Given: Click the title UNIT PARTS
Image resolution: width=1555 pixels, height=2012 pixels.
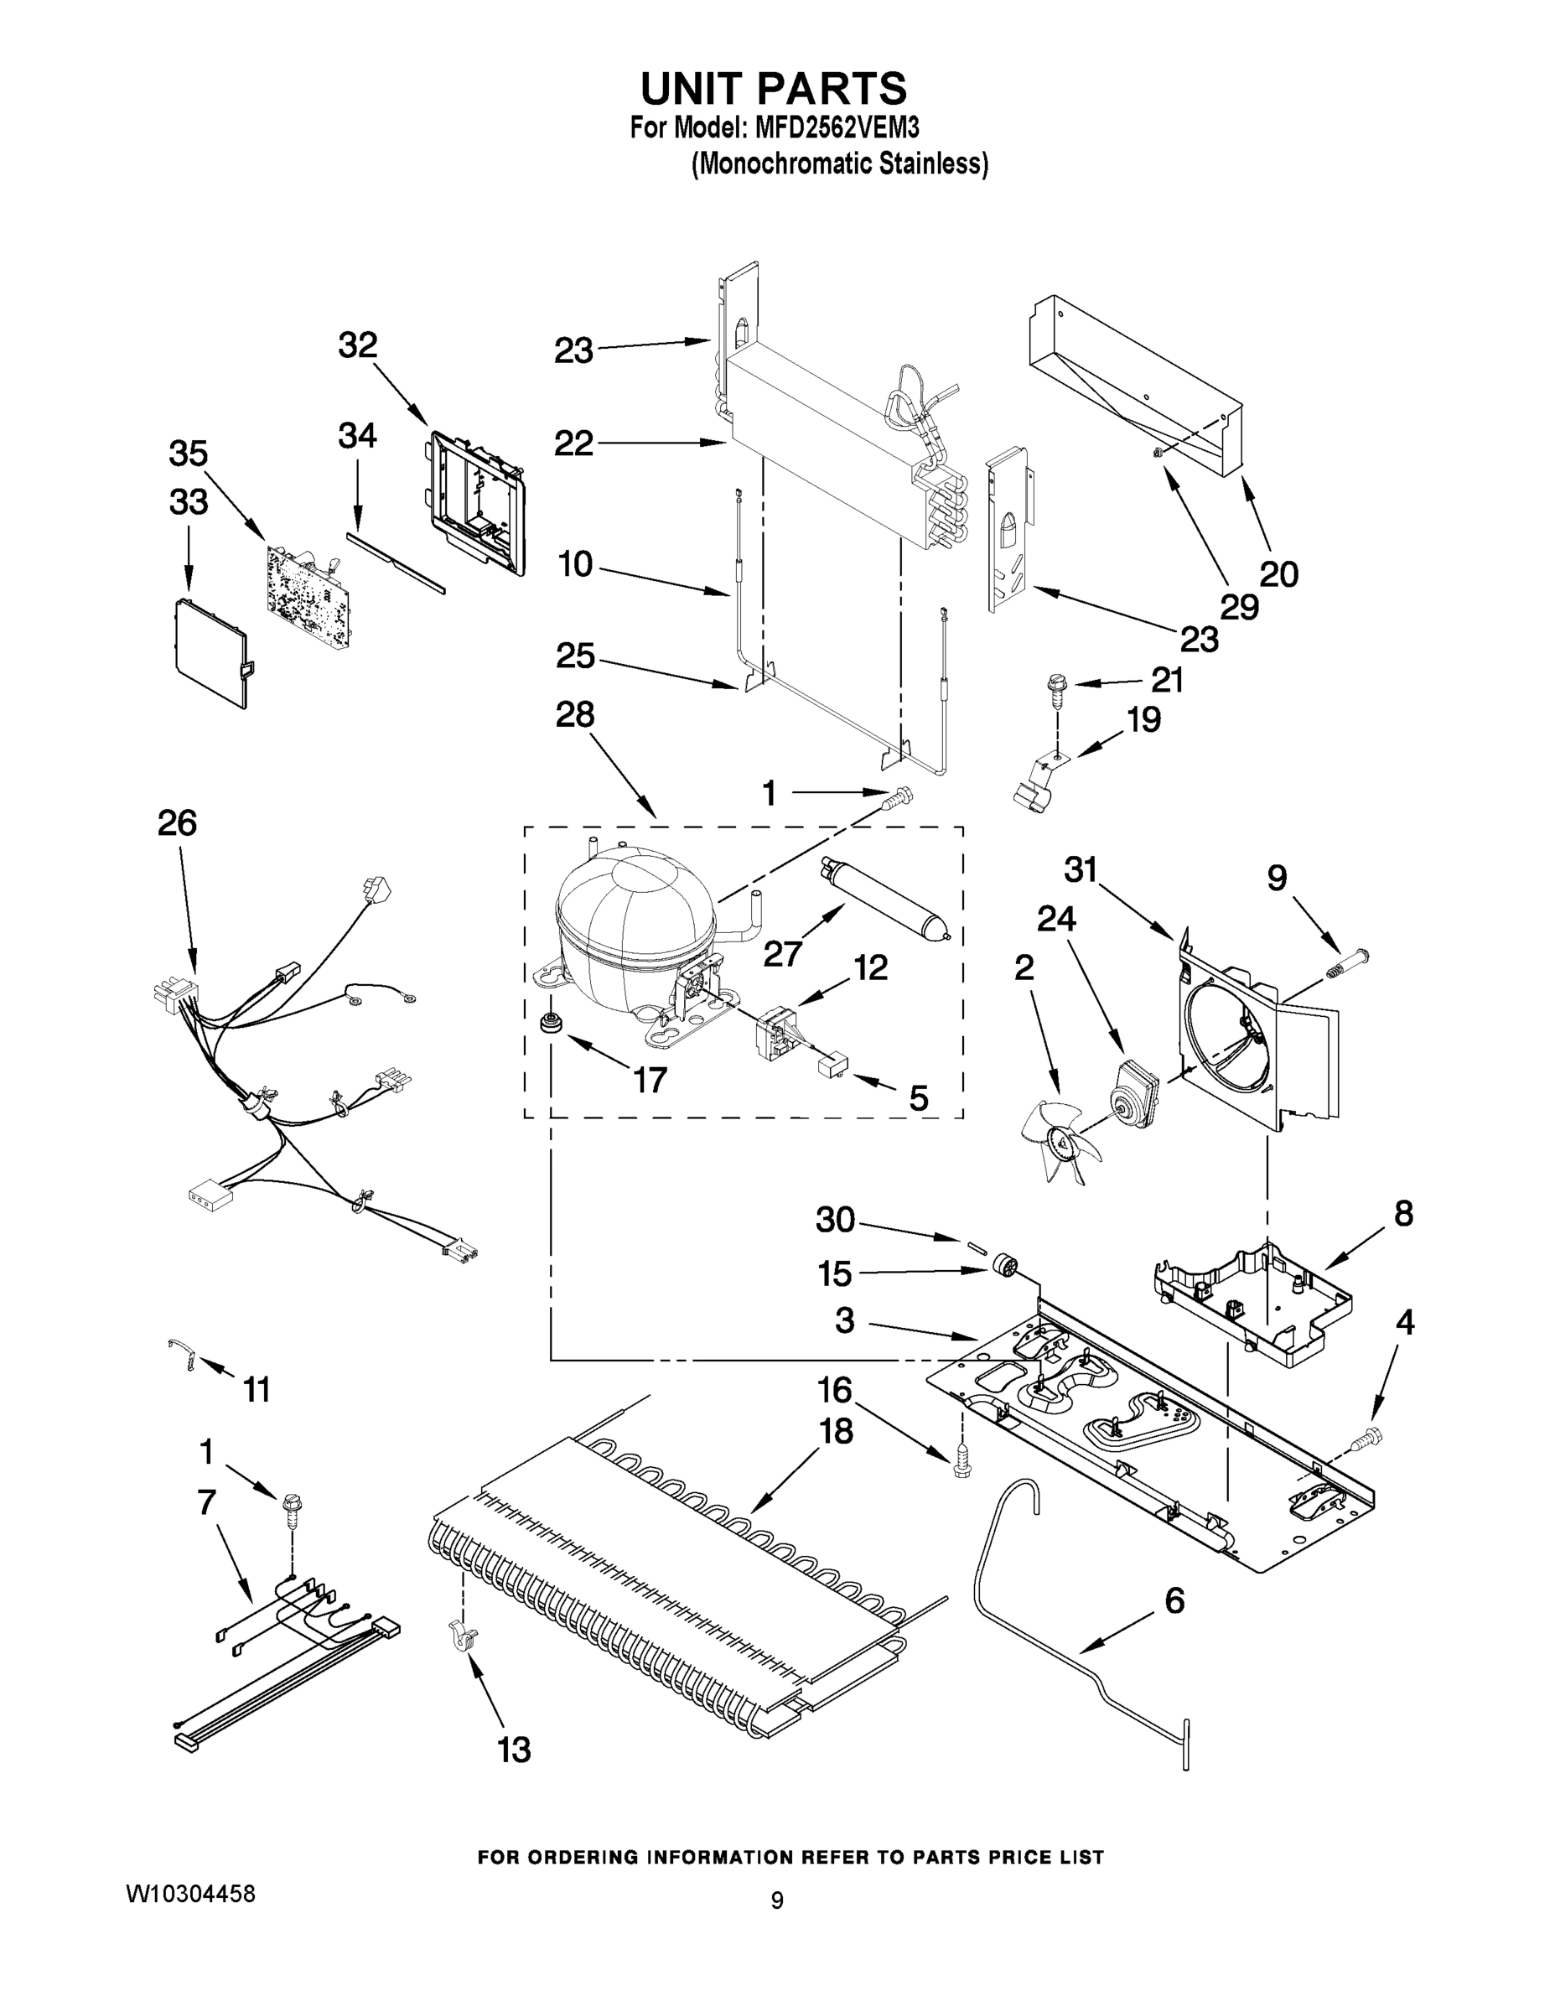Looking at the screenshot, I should pos(774,90).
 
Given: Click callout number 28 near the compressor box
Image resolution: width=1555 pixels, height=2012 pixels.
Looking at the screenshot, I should pos(575,714).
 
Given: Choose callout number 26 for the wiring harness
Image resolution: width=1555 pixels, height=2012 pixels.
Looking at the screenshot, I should pos(177,822).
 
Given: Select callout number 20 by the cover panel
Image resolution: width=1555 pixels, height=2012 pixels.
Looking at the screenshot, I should pos(1278,574).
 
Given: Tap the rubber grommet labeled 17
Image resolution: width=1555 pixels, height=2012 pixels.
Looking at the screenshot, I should pos(552,1023).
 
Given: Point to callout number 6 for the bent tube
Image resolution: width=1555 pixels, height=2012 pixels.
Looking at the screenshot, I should pos(1174,1600).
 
